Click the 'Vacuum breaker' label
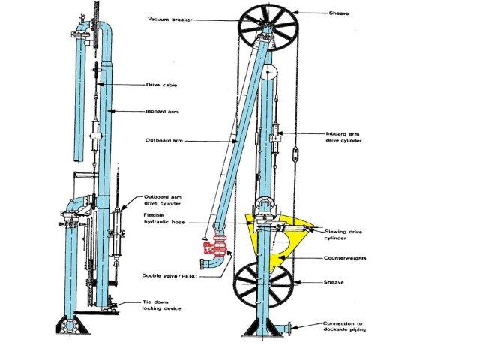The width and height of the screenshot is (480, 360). pos(170,19)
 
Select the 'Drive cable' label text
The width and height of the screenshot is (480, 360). pos(161,85)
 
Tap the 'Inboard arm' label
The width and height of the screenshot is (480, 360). pos(162,112)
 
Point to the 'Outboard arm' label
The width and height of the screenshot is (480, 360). pos(164,140)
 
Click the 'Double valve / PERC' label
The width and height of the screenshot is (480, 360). pos(169,276)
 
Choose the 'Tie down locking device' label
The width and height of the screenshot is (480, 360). pos(162,305)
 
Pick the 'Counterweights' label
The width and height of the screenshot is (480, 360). pos(345,258)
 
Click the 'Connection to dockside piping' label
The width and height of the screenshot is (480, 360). pos(344,326)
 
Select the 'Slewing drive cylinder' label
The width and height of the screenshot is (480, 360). pos(343,235)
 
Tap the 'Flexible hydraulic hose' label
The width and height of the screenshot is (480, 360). pos(164,218)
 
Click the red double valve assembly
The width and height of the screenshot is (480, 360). pos(214,247)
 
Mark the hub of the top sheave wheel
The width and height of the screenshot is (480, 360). pos(268,25)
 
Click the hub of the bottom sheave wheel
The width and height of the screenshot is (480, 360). pos(263,284)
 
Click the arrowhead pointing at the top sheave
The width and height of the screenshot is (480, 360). pos(295,13)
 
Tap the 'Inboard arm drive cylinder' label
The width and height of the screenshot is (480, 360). pos(343,137)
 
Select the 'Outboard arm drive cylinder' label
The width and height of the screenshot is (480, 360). pos(163,200)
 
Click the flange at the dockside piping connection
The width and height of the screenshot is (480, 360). pos(289,327)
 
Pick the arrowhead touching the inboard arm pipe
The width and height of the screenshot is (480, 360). pos(111,111)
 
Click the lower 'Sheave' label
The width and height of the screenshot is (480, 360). pos(334,282)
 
